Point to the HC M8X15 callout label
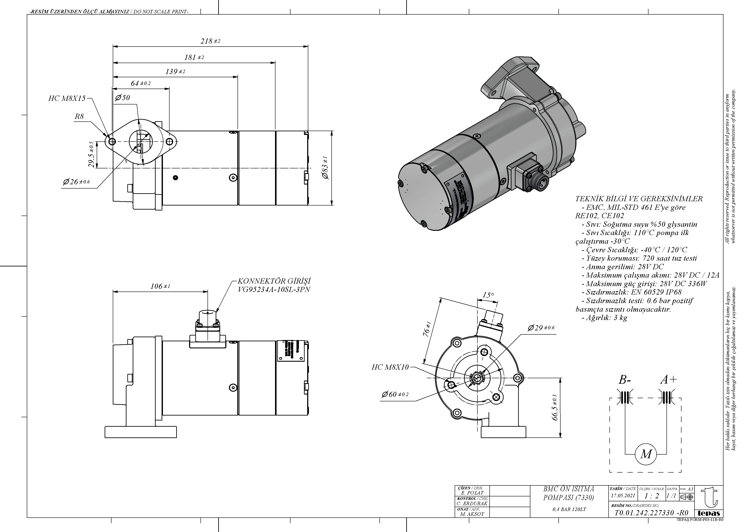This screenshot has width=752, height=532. tap(67, 98)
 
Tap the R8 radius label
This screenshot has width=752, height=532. tap(79, 116)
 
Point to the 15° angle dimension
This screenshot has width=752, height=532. tap(488, 295)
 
